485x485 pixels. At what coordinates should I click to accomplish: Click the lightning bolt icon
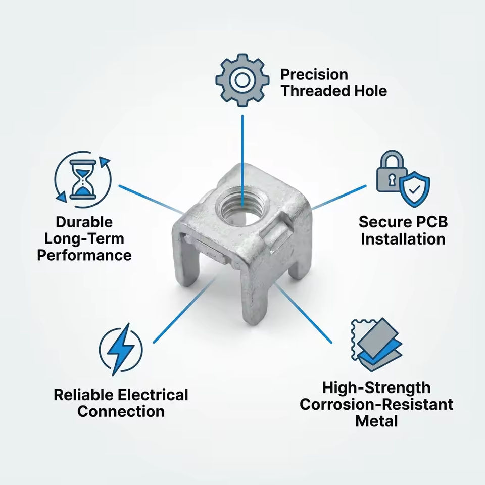coord(121,349)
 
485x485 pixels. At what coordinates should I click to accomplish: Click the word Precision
coord(314,75)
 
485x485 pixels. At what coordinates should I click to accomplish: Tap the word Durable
coord(84,222)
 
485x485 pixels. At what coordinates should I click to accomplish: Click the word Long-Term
coord(84,238)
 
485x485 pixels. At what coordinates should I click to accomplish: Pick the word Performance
coord(84,255)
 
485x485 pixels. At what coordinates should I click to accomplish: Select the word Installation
coord(403,238)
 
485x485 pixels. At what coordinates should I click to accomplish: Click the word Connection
coord(121,411)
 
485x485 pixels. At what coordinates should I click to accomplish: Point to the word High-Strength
coord(376,388)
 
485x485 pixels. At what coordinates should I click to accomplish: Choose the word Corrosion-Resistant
coord(376,404)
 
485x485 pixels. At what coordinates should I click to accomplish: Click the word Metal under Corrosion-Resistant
coord(376,421)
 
